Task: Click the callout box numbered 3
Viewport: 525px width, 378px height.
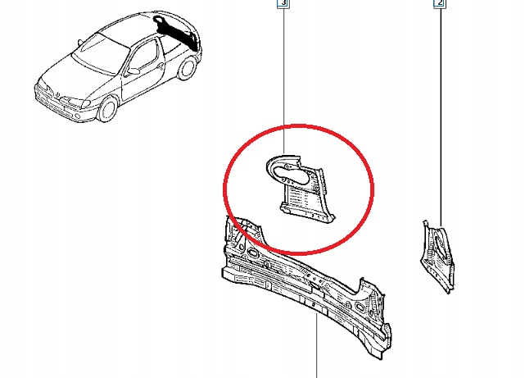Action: coord(283,3)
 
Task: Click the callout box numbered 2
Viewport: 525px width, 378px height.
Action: coord(440,3)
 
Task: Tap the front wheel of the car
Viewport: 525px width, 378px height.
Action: coord(107,109)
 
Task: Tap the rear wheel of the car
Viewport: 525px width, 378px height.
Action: coord(187,68)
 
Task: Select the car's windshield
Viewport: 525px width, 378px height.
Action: coord(101,53)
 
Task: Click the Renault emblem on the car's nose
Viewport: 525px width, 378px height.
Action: coord(58,95)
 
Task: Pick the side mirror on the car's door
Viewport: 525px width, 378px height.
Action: coord(134,71)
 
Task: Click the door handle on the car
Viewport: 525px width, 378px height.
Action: coord(160,66)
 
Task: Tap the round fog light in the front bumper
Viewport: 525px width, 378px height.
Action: coord(77,116)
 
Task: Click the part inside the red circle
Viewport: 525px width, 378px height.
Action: coord(301,189)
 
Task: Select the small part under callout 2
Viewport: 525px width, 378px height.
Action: coord(437,257)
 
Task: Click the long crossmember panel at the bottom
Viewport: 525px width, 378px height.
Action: coord(306,288)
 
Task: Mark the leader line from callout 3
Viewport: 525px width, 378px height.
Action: coord(284,81)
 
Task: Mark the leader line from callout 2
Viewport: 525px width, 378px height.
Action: coord(441,117)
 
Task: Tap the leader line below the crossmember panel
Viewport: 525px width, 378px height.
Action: coord(316,346)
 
